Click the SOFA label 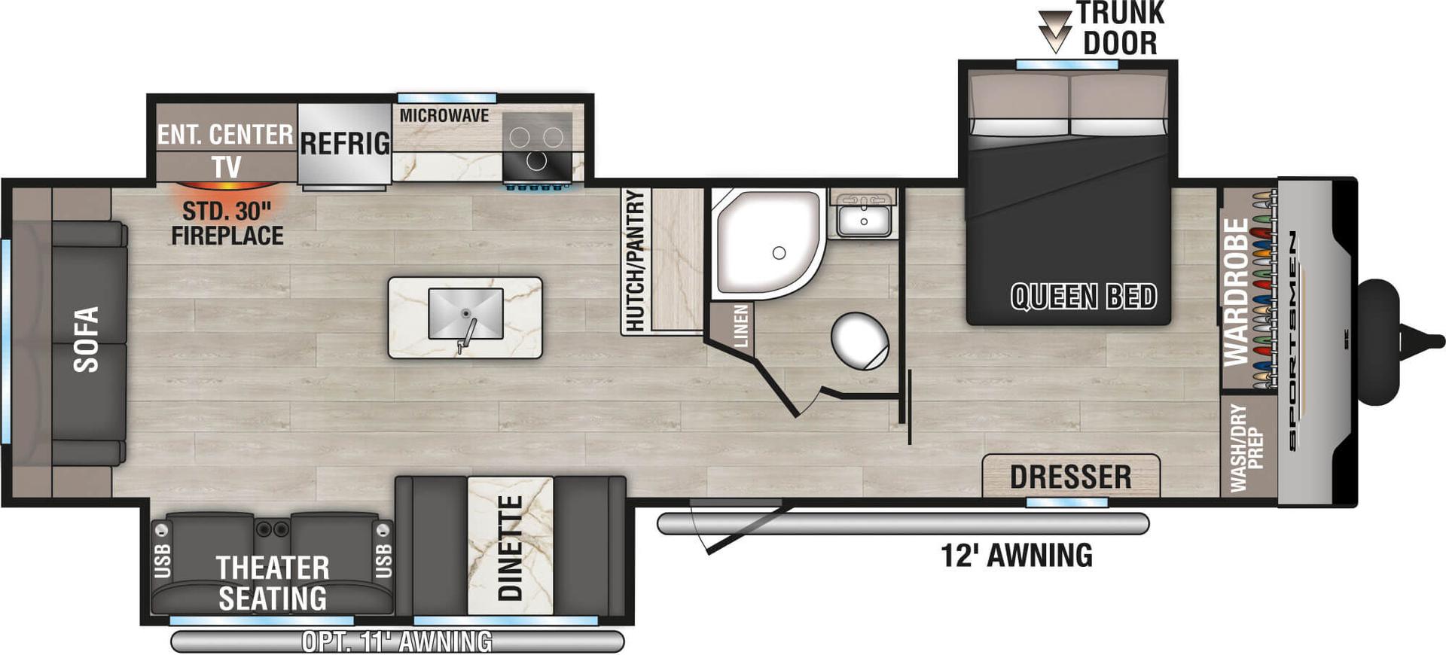click(x=87, y=340)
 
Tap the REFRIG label click(x=345, y=143)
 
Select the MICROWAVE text click(x=444, y=116)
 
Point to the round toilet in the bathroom click(x=860, y=341)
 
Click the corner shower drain click(x=779, y=254)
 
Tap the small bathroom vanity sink click(x=864, y=221)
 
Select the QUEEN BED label click(x=1083, y=297)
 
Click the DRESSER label click(x=1070, y=477)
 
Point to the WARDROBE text click(x=1236, y=292)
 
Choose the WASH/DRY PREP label click(x=1246, y=448)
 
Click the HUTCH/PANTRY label click(x=635, y=260)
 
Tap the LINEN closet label click(x=741, y=326)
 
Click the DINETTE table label click(x=511, y=547)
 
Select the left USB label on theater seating click(x=162, y=561)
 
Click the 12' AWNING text click(x=1016, y=556)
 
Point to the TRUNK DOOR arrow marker click(x=1054, y=30)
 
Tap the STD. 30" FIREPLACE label click(x=227, y=224)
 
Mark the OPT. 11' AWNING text click(x=397, y=641)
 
